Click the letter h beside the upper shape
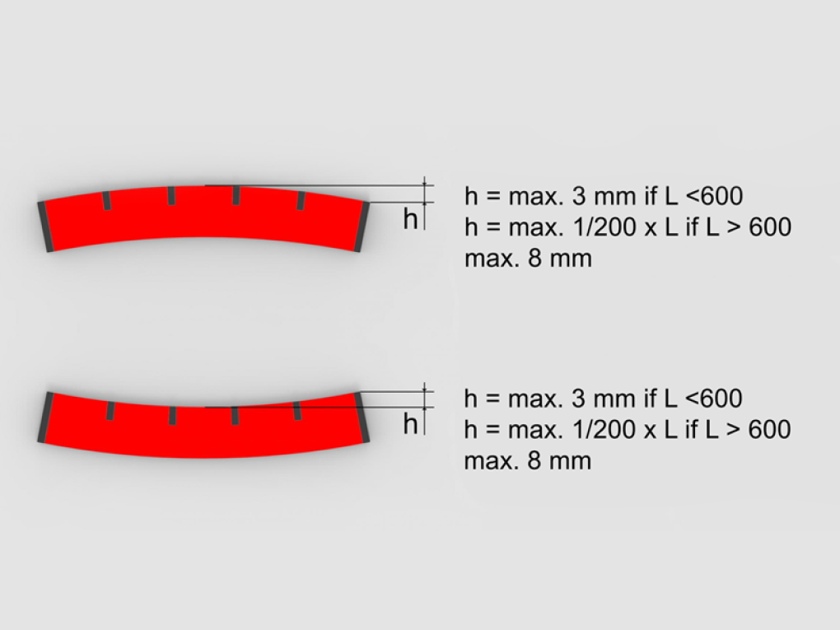410,219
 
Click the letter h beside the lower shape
410,424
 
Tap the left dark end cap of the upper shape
45,226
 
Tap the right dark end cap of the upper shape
362,226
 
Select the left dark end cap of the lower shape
45,418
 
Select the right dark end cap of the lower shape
362,418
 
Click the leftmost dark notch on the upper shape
106,200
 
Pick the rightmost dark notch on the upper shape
301,200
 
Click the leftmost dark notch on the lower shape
110,410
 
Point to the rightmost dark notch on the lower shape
296,410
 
